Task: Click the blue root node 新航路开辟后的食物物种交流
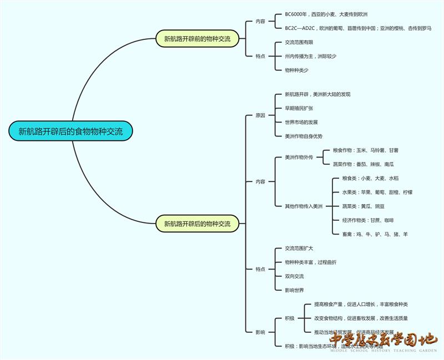tap(70, 131)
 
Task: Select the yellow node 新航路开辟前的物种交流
tap(197, 39)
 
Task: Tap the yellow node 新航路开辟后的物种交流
tap(197, 224)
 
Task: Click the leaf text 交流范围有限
tap(299, 42)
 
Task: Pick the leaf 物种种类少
tap(296, 70)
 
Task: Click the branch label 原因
tap(260, 115)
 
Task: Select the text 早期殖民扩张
tap(299, 108)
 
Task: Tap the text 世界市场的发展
tap(301, 122)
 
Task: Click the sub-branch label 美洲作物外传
tap(299, 157)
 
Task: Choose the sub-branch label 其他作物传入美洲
tap(304, 206)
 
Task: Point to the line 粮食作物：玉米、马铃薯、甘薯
tap(365, 150)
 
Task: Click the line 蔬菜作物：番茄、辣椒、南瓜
tap(363, 164)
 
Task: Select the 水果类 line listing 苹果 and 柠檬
tap(377, 192)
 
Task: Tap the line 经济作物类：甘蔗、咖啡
tap(368, 220)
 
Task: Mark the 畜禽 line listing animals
tap(375, 235)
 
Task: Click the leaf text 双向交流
tap(294, 276)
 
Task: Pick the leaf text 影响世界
tap(294, 290)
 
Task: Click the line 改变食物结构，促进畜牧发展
tap(361, 318)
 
